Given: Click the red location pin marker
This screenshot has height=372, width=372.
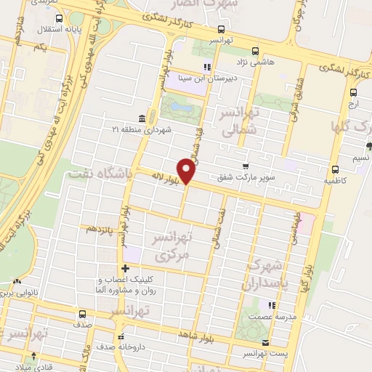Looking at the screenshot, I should pyautogui.click(x=187, y=171).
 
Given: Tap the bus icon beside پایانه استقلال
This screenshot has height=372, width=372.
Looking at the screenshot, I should pyautogui.click(x=59, y=20).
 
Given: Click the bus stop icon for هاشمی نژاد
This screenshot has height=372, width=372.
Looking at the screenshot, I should pyautogui.click(x=255, y=52).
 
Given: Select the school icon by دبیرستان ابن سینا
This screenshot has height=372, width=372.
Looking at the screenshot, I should pyautogui.click(x=206, y=68).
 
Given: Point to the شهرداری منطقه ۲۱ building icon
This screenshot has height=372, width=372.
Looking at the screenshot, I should pyautogui.click(x=142, y=118).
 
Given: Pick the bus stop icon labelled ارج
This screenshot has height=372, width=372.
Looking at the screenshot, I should pyautogui.click(x=353, y=92).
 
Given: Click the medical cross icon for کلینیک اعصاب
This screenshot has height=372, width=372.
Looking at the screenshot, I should pyautogui.click(x=126, y=269).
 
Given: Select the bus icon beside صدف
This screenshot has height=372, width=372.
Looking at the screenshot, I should pyautogui.click(x=81, y=315).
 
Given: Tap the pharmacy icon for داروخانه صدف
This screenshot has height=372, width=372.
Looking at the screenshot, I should pyautogui.click(x=121, y=336).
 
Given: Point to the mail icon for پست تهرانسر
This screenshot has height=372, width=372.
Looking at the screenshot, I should pyautogui.click(x=265, y=343).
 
